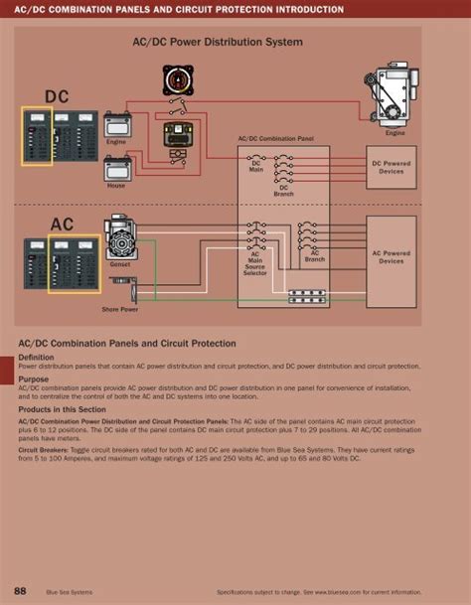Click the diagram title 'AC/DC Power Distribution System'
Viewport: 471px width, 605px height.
click(217, 43)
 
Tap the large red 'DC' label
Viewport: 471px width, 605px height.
click(57, 95)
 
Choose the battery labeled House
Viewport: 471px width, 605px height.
click(117, 169)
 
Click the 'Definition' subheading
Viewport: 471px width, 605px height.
click(36, 357)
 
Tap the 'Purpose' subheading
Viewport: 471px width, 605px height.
click(33, 378)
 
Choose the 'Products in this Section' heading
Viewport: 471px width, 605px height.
click(62, 409)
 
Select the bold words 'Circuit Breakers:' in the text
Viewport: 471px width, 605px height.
click(41, 448)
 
